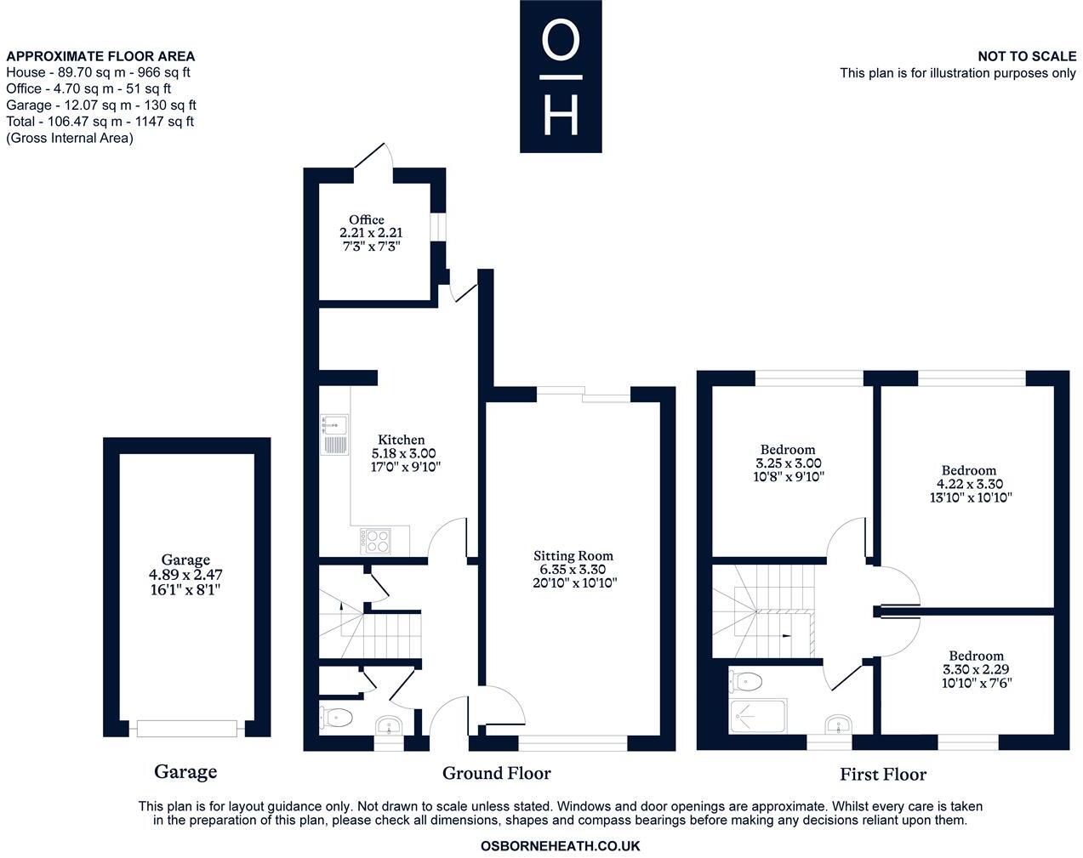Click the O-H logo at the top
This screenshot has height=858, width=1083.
561,77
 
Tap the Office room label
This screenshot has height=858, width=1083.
367,219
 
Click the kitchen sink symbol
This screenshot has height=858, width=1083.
333,434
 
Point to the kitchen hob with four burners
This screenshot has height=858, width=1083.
375,539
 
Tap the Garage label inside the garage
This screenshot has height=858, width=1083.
185,560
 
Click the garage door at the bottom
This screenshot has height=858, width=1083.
186,729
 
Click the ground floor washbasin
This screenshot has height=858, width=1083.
391,726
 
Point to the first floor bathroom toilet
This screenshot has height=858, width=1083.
747,680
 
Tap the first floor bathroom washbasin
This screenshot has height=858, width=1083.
837,724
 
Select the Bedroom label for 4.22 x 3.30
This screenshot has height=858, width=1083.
968,470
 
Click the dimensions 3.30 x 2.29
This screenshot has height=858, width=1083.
976,669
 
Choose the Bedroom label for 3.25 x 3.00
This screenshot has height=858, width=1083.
787,449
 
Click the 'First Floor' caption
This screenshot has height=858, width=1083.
882,774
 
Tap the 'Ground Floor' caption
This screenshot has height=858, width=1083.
496,773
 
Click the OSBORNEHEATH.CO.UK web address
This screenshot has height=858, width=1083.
560,846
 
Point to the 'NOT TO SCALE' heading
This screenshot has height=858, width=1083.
1026,56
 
